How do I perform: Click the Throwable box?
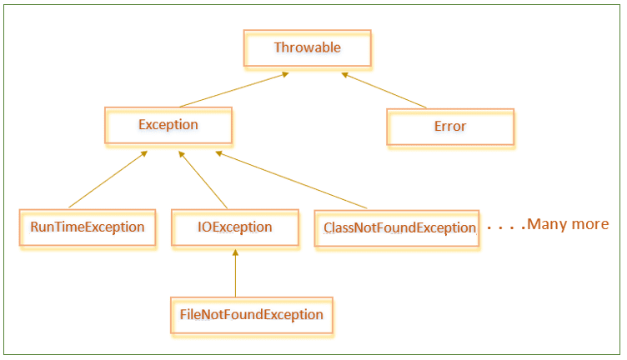point(307,48)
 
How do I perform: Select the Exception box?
point(168,126)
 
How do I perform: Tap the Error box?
point(449,127)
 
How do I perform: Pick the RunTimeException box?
point(88,227)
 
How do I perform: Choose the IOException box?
point(234,227)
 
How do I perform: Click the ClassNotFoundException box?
point(396,227)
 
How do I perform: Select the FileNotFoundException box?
point(251,315)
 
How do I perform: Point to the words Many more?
point(568,224)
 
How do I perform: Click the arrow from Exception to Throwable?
point(234,90)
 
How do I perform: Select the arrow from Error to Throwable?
point(384,90)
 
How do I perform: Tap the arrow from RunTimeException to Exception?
point(108,179)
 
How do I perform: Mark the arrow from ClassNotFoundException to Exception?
point(291,180)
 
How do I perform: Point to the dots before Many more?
point(506,226)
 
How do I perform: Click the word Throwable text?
point(307,48)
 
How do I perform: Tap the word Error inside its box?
point(449,127)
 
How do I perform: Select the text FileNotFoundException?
point(251,315)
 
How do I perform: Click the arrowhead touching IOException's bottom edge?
point(235,252)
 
